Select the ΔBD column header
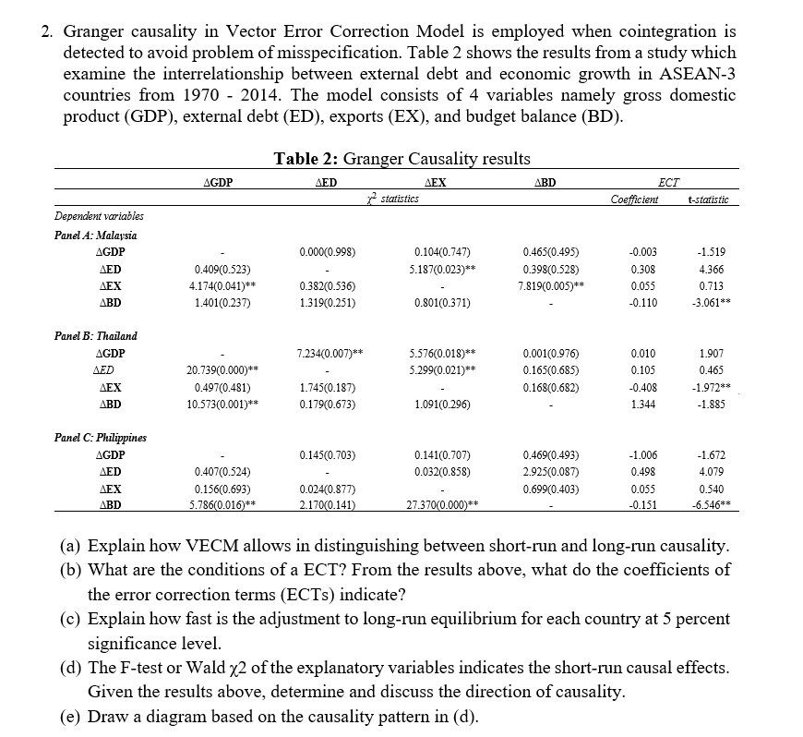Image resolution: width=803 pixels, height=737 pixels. (545, 182)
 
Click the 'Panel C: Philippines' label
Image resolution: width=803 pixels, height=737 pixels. (102, 437)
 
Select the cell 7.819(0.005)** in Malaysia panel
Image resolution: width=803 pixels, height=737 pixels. (552, 285)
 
